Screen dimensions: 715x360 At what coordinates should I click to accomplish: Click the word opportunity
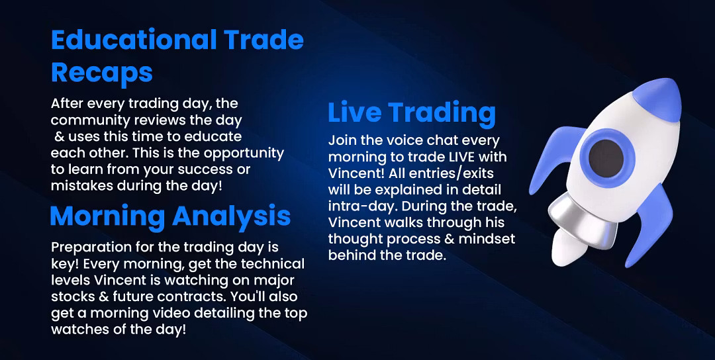click(x=244, y=154)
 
